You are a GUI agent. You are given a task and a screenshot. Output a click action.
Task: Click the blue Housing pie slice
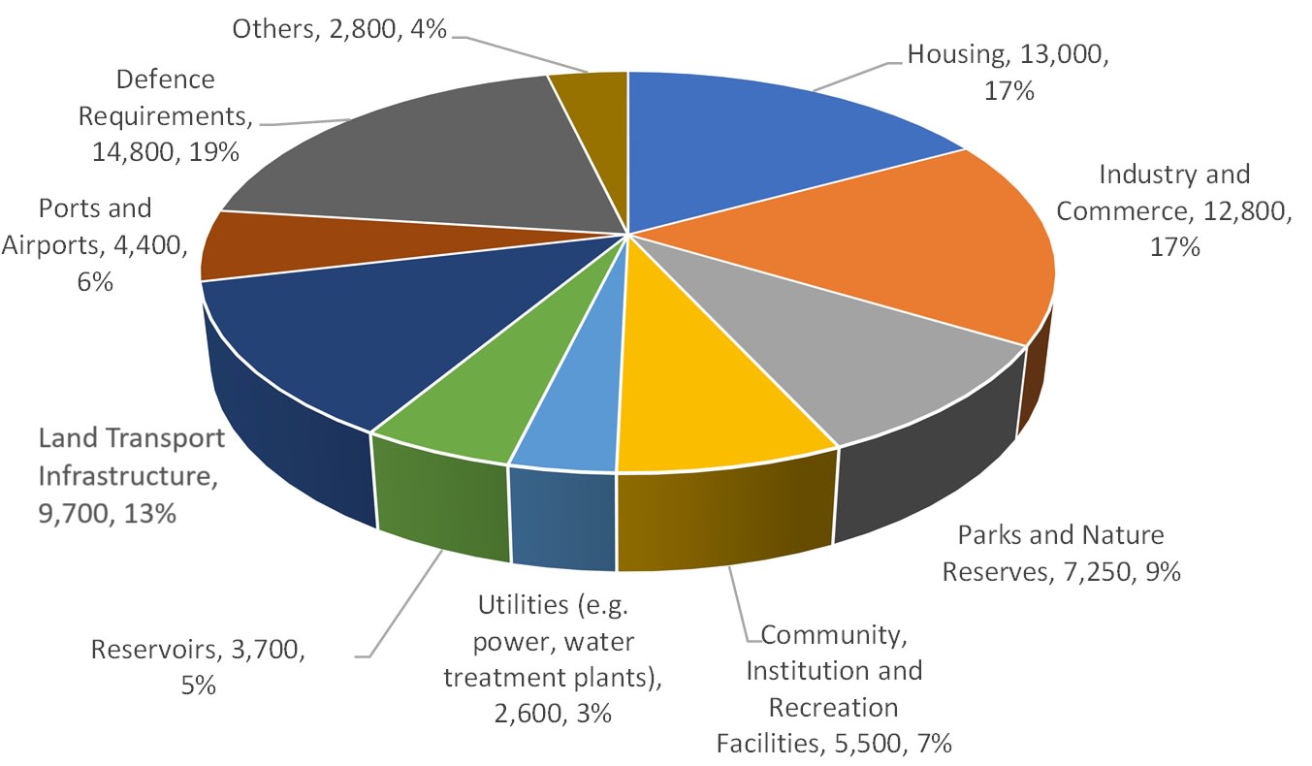(x=766, y=145)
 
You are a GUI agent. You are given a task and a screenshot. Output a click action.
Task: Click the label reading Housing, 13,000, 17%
(x=1008, y=74)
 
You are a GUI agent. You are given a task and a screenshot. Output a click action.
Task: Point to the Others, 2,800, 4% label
(x=339, y=29)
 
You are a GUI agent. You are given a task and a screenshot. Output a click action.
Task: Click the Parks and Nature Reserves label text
(x=1061, y=554)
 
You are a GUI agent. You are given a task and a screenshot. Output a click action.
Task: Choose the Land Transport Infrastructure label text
(x=131, y=475)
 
